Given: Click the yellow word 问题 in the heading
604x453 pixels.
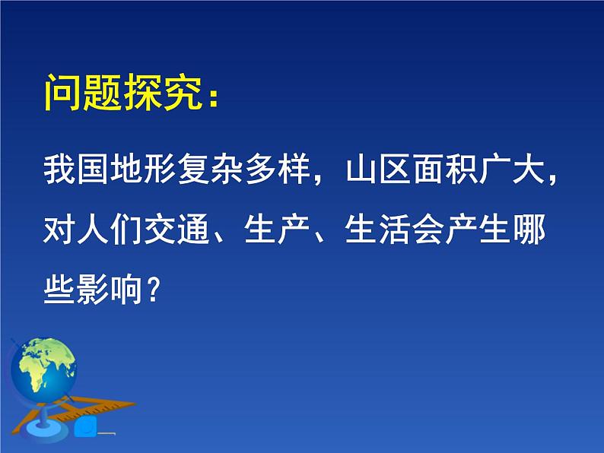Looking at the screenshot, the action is pyautogui.click(x=84, y=93).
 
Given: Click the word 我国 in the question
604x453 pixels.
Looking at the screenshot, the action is pyautogui.click(x=76, y=169).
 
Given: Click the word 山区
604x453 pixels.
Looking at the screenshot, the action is pyautogui.click(x=378, y=169).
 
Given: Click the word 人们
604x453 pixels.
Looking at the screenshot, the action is pyautogui.click(x=110, y=230).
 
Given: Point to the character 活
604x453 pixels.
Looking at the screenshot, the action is pyautogui.click(x=395, y=230).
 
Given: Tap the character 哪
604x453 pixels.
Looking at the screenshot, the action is pyautogui.click(x=529, y=230).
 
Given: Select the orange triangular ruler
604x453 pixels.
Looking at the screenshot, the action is pyautogui.click(x=73, y=413).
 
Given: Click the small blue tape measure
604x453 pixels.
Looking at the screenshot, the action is pyautogui.click(x=86, y=426).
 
